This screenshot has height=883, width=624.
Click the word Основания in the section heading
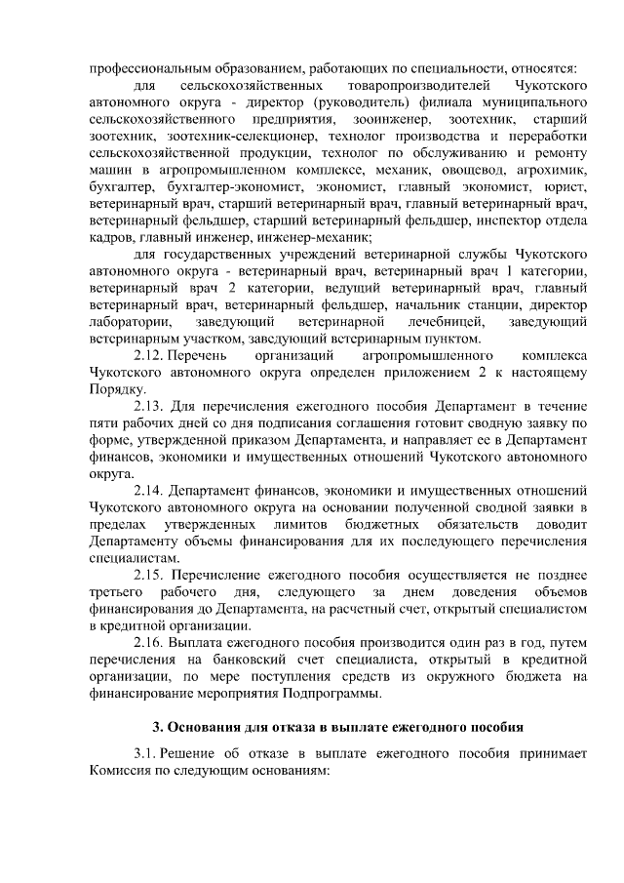tap(204, 726)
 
